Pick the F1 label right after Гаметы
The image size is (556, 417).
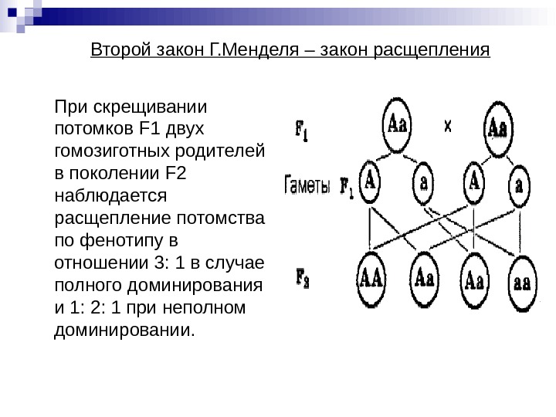click(346, 188)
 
